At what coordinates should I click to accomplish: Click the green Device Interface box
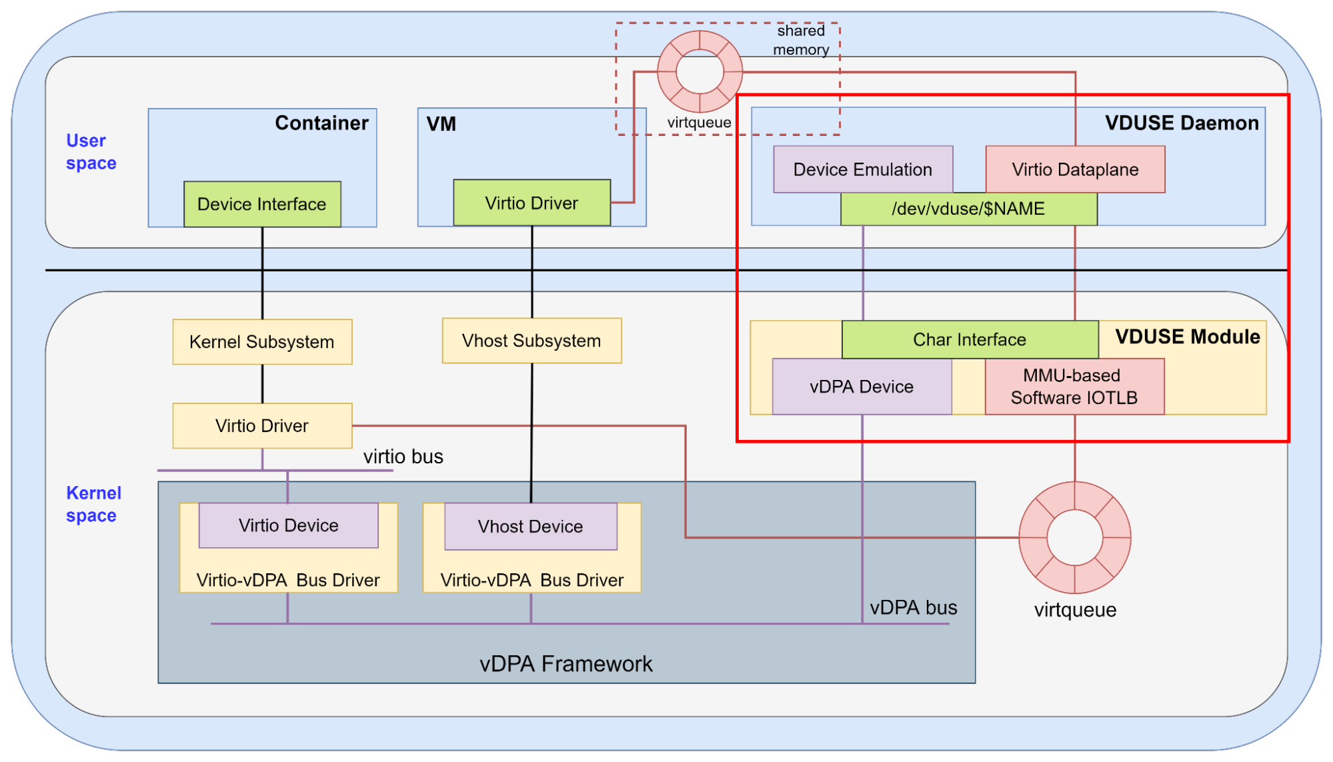pos(262,204)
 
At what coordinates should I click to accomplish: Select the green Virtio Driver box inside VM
pos(531,203)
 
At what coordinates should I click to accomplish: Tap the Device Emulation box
pos(862,169)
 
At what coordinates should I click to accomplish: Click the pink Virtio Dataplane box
pos(1075,169)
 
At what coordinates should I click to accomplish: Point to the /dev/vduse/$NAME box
pos(968,209)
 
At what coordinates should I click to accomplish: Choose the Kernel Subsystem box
pos(262,342)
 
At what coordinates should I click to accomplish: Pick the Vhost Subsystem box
pos(531,341)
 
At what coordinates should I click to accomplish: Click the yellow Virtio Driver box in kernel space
pos(262,425)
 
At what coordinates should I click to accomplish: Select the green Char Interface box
pos(970,339)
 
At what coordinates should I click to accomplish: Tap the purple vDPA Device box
pos(862,387)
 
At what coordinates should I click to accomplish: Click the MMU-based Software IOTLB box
pos(1074,387)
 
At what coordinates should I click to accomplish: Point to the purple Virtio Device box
pos(288,525)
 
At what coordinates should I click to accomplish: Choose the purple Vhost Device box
pos(530,527)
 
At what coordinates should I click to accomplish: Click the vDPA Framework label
pos(565,664)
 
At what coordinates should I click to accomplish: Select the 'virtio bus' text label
pos(403,457)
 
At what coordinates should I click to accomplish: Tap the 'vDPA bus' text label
pos(913,608)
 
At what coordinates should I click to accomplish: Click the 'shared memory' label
pos(801,40)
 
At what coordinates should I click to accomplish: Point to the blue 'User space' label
pos(91,152)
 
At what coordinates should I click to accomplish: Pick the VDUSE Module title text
pos(1187,337)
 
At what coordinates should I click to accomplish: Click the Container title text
pos(321,123)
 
